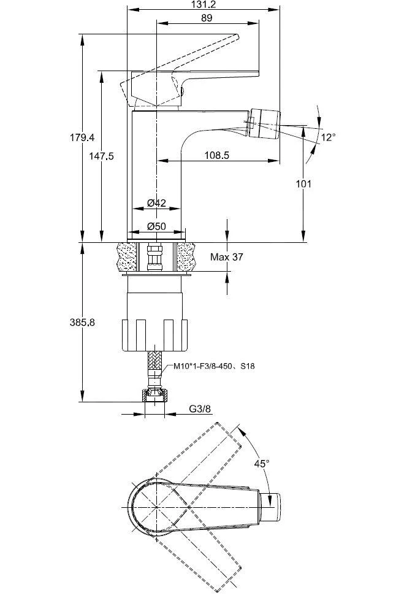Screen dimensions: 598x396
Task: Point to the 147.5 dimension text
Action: [x=101, y=156]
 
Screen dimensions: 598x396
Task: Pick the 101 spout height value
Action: [x=303, y=183]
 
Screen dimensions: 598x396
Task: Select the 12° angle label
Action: [x=328, y=137]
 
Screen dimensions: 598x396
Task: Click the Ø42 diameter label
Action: [x=158, y=203]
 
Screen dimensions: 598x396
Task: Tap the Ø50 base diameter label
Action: [x=158, y=226]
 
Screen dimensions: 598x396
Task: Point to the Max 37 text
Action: [x=227, y=257]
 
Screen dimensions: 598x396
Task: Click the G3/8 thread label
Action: [x=200, y=409]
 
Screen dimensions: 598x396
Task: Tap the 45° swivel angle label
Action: [x=262, y=464]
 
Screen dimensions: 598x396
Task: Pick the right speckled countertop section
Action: [x=186, y=257]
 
